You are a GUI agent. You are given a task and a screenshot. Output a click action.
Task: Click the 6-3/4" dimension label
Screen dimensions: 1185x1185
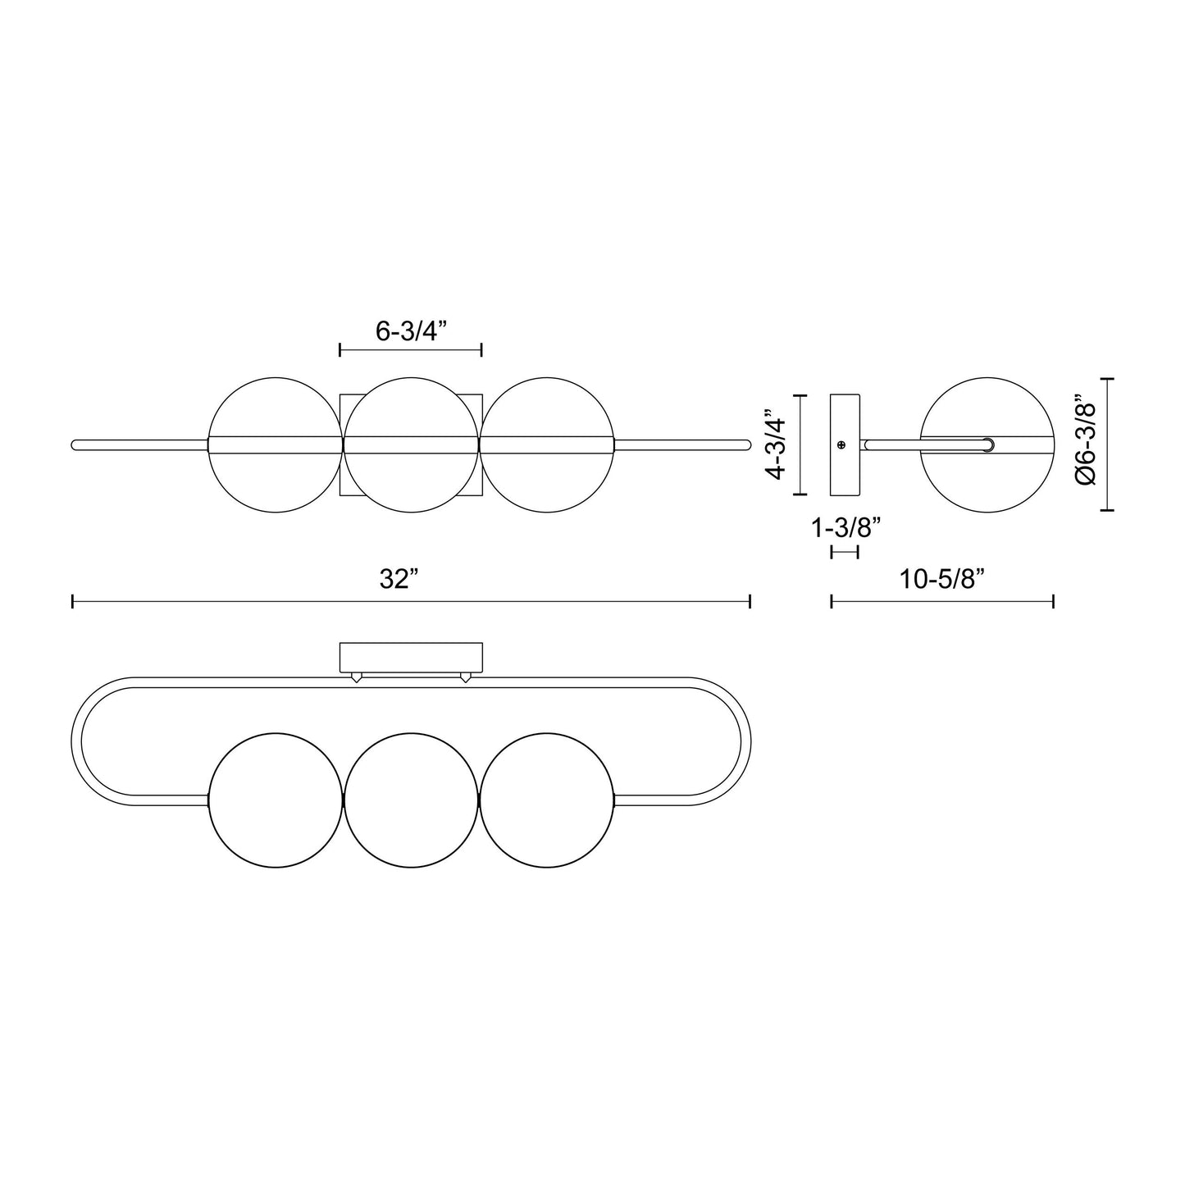click(409, 331)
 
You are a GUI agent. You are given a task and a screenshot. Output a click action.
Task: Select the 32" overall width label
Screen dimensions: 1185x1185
click(399, 579)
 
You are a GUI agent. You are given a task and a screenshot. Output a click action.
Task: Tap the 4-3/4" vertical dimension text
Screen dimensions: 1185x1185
click(775, 445)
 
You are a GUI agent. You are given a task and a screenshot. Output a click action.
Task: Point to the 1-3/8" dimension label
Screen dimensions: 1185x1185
click(845, 527)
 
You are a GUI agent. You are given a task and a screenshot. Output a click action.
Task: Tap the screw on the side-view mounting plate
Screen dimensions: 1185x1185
click(841, 444)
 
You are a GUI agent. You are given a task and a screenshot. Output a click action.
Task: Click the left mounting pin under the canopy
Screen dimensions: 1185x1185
click(356, 677)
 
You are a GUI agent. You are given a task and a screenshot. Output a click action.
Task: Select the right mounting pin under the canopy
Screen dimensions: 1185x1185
click(466, 677)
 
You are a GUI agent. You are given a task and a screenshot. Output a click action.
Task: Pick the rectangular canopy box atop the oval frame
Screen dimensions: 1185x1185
click(411, 656)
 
